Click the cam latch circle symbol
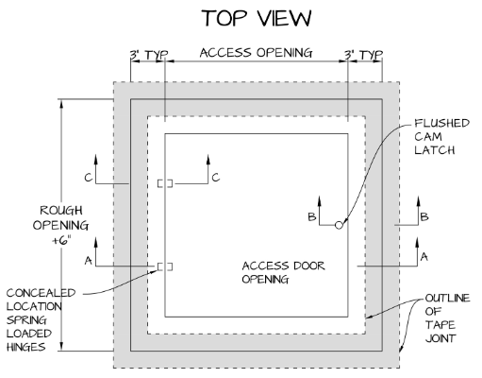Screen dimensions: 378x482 (340, 224)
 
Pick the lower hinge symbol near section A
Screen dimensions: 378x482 (165, 266)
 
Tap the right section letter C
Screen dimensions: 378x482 (215, 177)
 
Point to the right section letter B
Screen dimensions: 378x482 (424, 216)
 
